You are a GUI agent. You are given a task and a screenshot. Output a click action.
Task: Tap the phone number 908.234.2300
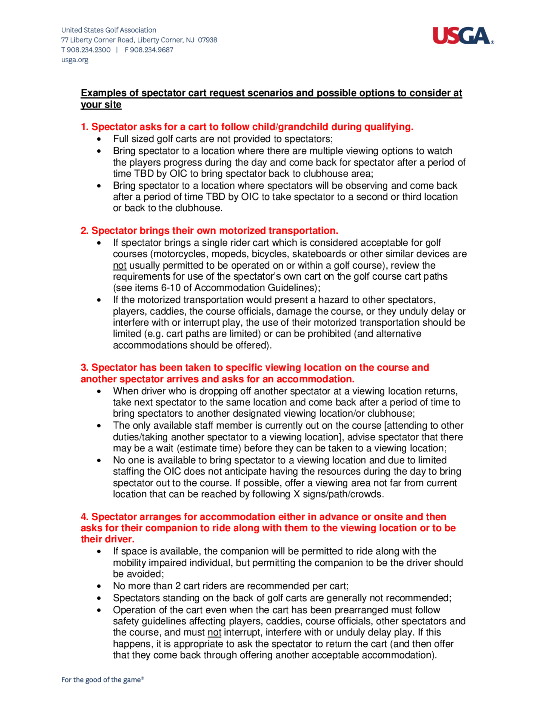click(x=88, y=50)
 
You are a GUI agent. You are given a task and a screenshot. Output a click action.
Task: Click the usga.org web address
click(x=75, y=60)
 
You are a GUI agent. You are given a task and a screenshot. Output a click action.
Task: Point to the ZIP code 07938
click(x=207, y=40)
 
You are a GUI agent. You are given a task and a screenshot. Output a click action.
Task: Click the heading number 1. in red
click(x=85, y=127)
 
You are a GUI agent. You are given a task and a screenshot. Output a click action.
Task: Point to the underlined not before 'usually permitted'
click(x=119, y=265)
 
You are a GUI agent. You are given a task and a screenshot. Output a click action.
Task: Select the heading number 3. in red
click(x=85, y=367)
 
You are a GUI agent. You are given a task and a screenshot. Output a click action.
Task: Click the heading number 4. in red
click(x=85, y=517)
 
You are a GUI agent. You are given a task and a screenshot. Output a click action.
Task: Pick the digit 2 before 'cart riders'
click(x=178, y=586)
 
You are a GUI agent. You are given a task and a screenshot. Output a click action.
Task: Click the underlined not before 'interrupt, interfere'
click(x=214, y=632)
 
